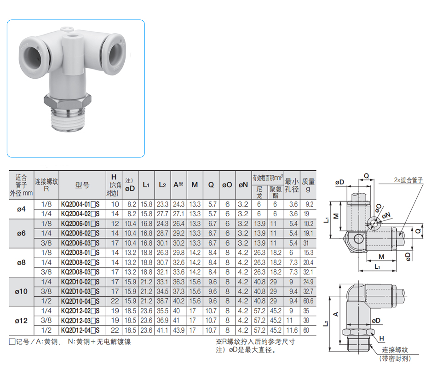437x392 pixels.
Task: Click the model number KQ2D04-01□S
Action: tap(80, 204)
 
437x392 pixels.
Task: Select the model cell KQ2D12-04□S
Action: tap(80, 330)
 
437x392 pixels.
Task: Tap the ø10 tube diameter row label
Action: tap(21, 292)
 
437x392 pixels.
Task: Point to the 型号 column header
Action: tap(82, 185)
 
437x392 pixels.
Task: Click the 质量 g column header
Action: tap(308, 185)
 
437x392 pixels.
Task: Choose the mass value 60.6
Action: tap(308, 301)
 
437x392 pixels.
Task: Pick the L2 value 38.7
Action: tap(162, 301)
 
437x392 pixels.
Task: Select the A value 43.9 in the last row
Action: tap(178, 330)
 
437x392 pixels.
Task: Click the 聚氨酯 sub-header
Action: tap(276, 192)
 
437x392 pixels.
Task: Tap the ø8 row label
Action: tap(21, 262)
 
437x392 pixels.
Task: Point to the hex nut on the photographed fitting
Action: tap(68, 101)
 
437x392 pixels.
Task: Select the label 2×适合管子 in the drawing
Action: tap(408, 180)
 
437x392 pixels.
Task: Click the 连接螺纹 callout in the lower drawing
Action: tap(395, 350)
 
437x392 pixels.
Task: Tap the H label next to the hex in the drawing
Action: tap(381, 338)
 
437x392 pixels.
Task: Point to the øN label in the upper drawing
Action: tap(386, 215)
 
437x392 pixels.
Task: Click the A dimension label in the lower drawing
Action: tap(336, 314)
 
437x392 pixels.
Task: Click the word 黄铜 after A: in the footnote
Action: tap(51, 342)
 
